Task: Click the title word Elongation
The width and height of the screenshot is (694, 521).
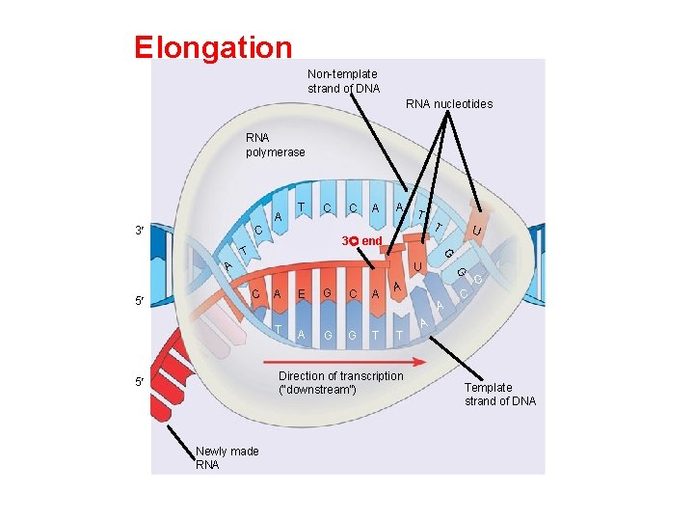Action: (x=213, y=48)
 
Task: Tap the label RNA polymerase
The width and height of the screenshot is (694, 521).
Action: (x=275, y=145)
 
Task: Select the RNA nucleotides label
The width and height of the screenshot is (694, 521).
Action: (x=448, y=103)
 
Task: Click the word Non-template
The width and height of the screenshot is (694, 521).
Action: (x=342, y=73)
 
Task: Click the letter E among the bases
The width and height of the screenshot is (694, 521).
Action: (x=302, y=294)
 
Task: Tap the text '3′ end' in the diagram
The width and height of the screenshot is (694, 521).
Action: (x=362, y=239)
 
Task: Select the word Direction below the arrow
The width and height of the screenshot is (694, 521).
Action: (x=302, y=375)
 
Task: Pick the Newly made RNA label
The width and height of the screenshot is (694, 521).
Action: (x=227, y=457)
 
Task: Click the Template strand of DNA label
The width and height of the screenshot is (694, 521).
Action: (x=499, y=394)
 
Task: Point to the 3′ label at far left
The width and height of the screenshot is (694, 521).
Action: (x=141, y=232)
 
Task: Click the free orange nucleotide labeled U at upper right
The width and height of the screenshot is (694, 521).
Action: (x=477, y=231)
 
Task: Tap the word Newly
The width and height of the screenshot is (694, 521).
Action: (x=211, y=451)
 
